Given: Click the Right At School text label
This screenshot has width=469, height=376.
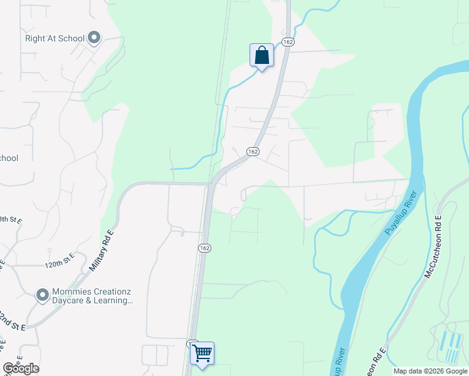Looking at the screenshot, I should tap(55, 38).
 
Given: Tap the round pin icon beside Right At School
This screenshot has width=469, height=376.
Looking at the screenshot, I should tap(95, 38).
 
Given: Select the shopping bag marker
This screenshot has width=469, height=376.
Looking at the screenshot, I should tap(261, 55).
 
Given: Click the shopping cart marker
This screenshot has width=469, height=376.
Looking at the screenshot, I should tap(202, 353).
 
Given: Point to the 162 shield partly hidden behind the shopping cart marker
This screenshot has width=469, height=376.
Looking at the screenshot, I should tap(191, 343).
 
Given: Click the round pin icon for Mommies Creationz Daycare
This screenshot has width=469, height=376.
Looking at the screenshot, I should tap(43, 295).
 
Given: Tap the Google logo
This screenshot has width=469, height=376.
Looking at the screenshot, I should tap(21, 368).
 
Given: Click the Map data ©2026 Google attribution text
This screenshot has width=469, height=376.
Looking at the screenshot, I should tap(431, 371).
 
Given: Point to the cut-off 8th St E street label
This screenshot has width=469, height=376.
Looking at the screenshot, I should tap(11, 221).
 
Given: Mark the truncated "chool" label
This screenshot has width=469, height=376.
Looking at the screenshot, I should tap(9, 158).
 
